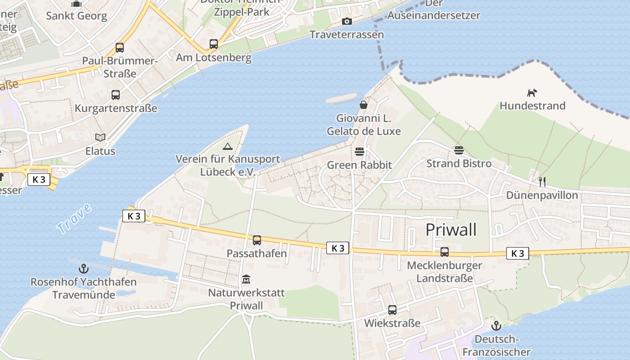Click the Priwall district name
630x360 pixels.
(x=451, y=229)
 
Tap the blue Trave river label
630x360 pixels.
(x=74, y=218)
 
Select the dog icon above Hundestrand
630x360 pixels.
(x=532, y=93)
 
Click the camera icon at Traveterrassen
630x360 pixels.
(x=346, y=21)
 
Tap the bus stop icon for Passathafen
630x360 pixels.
(x=256, y=240)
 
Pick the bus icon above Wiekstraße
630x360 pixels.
(x=392, y=310)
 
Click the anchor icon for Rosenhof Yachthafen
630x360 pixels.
(x=83, y=269)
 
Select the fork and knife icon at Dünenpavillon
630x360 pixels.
(x=542, y=182)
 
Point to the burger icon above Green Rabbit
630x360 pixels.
(x=359, y=152)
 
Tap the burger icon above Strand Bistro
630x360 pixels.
(x=459, y=150)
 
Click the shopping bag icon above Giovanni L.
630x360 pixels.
(x=364, y=105)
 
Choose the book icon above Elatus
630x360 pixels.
(x=100, y=137)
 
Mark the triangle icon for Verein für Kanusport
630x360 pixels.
(x=228, y=146)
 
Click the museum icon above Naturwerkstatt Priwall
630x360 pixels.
(x=246, y=279)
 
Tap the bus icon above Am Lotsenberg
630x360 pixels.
(x=214, y=44)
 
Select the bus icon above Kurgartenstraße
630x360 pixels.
(x=116, y=95)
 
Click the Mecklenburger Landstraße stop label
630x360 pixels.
(x=444, y=272)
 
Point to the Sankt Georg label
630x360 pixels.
(x=76, y=16)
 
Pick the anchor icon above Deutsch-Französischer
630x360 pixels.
(x=496, y=326)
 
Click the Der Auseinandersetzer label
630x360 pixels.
(x=434, y=10)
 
